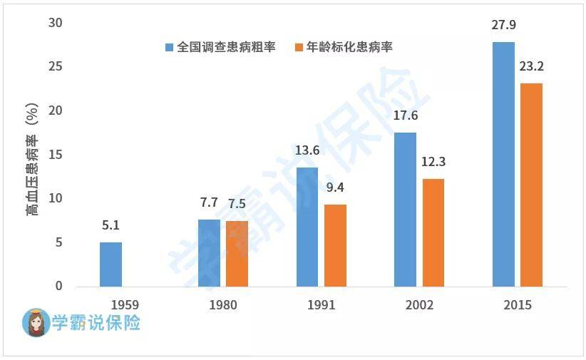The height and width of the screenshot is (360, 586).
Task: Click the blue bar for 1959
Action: coord(110,264)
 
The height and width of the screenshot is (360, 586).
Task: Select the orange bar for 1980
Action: coord(237,254)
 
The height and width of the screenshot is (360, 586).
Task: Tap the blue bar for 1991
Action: coord(307,227)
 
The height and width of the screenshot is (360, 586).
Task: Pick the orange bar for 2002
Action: coord(433,233)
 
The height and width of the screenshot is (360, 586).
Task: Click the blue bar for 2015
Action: coord(503,165)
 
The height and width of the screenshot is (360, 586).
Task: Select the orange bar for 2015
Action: coord(531,185)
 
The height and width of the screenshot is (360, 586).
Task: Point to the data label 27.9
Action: coord(503,25)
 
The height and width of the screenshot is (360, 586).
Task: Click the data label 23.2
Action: coord(531,66)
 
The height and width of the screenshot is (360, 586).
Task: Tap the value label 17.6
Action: coord(406,115)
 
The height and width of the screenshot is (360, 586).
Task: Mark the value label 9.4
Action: coord(335,187)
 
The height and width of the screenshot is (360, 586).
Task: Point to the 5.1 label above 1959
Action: coord(110,225)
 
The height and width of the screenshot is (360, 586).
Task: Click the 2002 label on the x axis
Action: coord(419,305)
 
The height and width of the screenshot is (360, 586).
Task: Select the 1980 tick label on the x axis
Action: coord(222,305)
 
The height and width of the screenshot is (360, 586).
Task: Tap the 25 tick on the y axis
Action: coord(56,66)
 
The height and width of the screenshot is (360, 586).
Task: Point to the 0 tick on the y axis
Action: coord(58,286)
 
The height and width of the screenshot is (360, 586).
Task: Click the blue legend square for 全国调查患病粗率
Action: coord(169,48)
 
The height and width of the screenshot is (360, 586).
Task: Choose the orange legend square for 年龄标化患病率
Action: coord(299,48)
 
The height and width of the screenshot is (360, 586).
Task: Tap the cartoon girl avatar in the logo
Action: coord(36,322)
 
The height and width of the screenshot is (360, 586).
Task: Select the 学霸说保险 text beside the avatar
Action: coord(96,322)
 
